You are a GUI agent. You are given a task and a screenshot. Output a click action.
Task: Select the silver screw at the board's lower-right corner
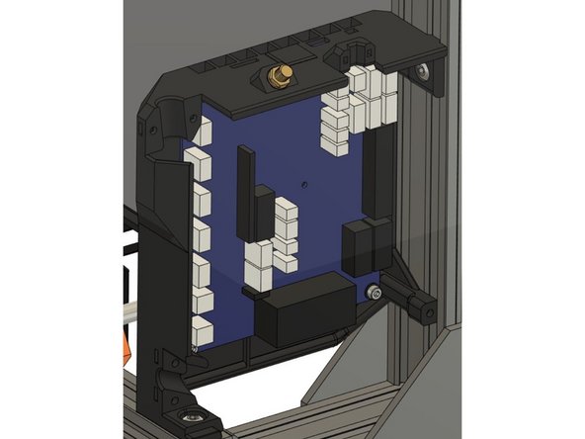tap(372, 293)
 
